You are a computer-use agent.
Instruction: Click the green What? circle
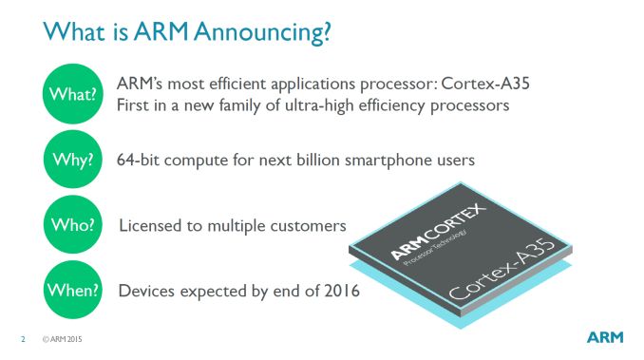coord(71,93)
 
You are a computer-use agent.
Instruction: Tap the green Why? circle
coord(71,160)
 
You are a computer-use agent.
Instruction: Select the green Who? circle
coord(71,225)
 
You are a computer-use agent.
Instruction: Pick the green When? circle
coord(71,290)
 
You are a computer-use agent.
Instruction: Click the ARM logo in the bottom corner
coord(604,337)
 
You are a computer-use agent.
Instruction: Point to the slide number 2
coord(23,338)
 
